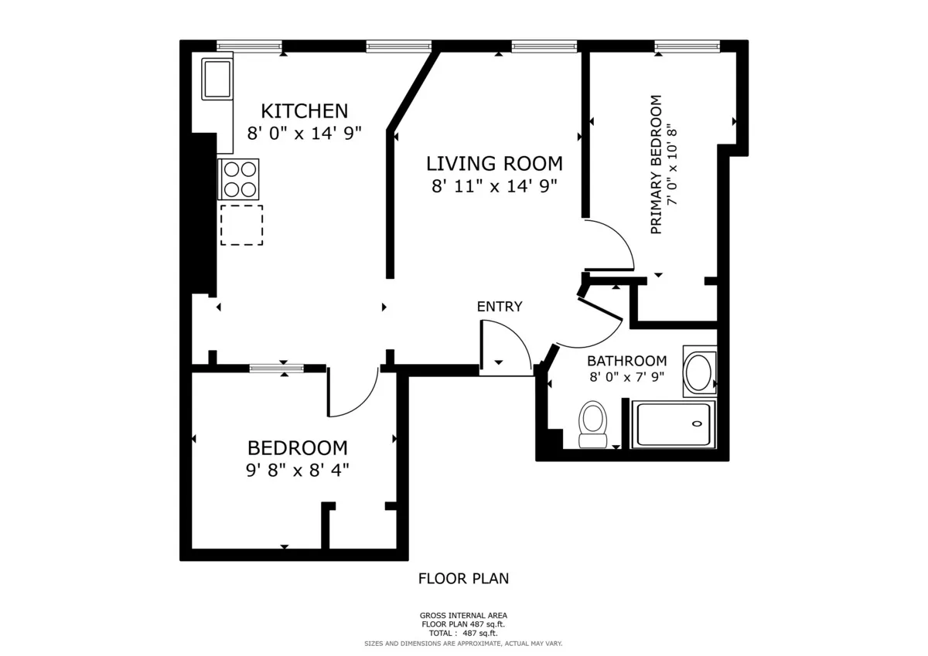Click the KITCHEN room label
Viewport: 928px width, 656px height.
pyautogui.click(x=304, y=110)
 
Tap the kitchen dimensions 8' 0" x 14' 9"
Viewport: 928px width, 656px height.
pyautogui.click(x=305, y=133)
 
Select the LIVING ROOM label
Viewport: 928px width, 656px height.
pyautogui.click(x=494, y=163)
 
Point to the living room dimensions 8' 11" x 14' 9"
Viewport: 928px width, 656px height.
pyautogui.click(x=494, y=185)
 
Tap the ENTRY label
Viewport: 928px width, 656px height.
pyautogui.click(x=499, y=307)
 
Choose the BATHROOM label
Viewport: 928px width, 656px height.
pyautogui.click(x=626, y=361)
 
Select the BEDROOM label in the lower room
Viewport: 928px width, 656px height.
pyautogui.click(x=297, y=447)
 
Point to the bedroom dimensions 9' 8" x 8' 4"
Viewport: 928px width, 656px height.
pyautogui.click(x=297, y=469)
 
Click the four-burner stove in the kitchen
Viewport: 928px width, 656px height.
pyautogui.click(x=239, y=179)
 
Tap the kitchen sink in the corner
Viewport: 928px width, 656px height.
pyautogui.click(x=217, y=79)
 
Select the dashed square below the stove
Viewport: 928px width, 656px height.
pyautogui.click(x=241, y=225)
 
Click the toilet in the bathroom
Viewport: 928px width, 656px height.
pyautogui.click(x=593, y=424)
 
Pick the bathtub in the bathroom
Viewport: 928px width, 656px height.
pyautogui.click(x=672, y=424)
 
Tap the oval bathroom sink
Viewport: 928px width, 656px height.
pyautogui.click(x=700, y=372)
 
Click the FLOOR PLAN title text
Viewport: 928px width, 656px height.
pyautogui.click(x=463, y=578)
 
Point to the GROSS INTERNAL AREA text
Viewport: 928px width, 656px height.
pyautogui.click(x=463, y=616)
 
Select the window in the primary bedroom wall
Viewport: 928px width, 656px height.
pyautogui.click(x=687, y=47)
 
